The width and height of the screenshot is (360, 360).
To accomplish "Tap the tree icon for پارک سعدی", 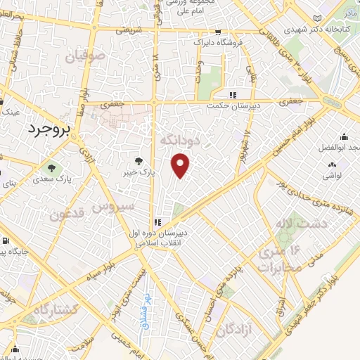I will click(x=51, y=168).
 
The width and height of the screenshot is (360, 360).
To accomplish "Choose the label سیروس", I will click(x=114, y=207).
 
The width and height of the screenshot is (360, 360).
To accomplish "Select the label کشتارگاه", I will click(x=53, y=309).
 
